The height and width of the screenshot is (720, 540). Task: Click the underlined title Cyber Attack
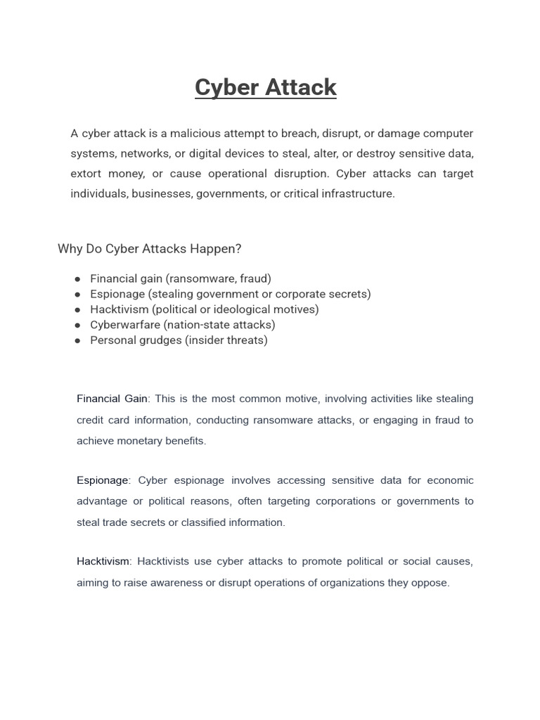(x=266, y=87)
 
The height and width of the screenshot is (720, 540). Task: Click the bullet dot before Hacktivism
(x=77, y=310)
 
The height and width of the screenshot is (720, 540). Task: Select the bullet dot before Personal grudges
(x=77, y=341)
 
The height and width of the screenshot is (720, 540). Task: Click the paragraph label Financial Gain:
(x=113, y=399)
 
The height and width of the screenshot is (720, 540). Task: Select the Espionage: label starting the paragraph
(x=103, y=480)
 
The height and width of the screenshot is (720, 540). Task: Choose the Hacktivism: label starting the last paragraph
(x=104, y=561)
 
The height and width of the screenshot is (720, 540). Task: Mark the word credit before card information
(x=91, y=420)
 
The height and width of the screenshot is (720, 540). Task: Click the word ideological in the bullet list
(x=261, y=309)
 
